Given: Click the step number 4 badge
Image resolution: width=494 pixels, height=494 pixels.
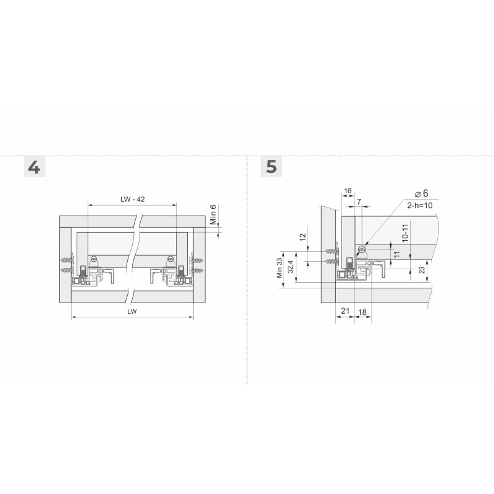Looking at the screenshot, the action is point(35,167).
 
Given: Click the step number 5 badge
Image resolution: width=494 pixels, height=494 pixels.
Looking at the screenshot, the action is point(271,166).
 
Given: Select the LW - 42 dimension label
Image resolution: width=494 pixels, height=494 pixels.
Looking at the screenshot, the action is point(133,199).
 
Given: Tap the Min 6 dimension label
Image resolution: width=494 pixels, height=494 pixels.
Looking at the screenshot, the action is point(213,214).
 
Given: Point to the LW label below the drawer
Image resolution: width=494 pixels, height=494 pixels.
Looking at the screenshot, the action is point(132,312).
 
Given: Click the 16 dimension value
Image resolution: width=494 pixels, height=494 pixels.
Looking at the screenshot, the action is point(348,191).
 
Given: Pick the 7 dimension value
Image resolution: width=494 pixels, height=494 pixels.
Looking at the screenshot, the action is point(359,202).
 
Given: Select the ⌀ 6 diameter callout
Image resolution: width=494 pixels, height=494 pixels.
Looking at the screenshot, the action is point(422,193).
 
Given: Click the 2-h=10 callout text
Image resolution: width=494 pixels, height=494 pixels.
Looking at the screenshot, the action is point(420,206).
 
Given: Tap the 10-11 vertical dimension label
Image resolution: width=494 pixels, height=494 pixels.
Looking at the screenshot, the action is point(405,233).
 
